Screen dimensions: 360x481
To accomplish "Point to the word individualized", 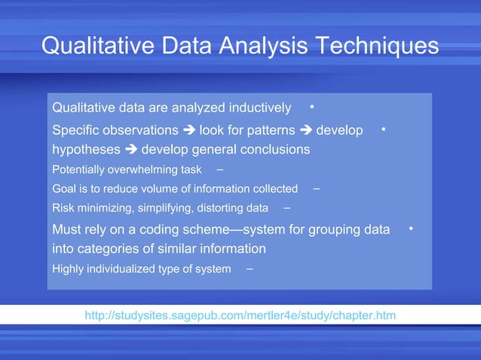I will [x=122, y=269].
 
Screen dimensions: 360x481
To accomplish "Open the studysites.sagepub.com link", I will [x=240, y=315].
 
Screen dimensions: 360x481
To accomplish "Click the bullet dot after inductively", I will [x=312, y=105].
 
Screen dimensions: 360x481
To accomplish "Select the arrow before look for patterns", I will [x=188, y=130].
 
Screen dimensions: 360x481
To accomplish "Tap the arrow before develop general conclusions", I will [x=131, y=149].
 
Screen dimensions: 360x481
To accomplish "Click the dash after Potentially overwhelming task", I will [x=219, y=168].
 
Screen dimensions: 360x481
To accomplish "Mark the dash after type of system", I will [x=249, y=268].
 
